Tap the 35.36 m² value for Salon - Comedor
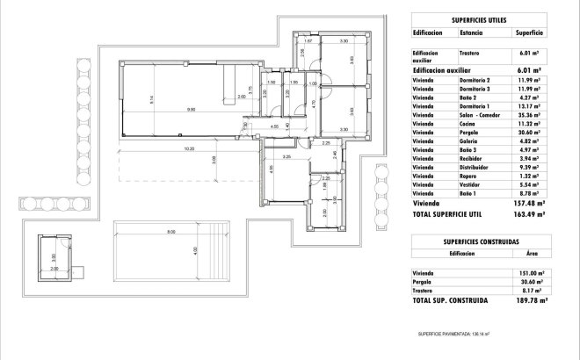[529, 114]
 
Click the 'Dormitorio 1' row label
[475, 105]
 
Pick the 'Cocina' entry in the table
[468, 123]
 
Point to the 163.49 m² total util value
[529, 212]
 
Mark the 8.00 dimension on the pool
[171, 231]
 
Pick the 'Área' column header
[530, 253]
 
